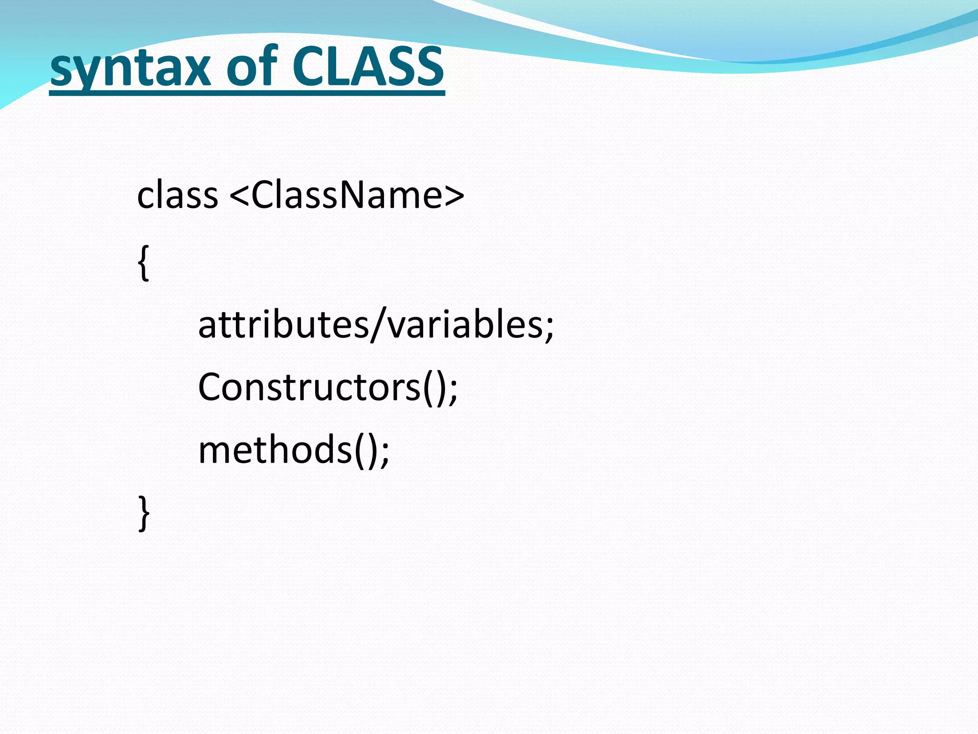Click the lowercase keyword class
tap(177, 196)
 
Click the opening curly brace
tap(143, 263)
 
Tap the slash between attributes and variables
tap(378, 325)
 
